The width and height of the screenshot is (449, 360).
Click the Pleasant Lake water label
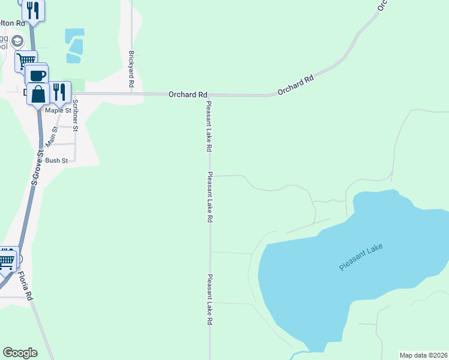point(360,257)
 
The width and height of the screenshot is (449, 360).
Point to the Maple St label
point(58,110)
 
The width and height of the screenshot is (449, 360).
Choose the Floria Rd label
point(25,286)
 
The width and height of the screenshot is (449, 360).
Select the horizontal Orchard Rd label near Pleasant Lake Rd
point(188,94)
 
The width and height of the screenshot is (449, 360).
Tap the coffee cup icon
point(37,76)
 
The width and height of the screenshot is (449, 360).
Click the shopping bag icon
point(38,94)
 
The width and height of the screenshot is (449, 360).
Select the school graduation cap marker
point(18,41)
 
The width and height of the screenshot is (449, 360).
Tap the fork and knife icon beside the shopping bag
point(59,91)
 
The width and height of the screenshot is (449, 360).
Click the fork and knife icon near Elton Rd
point(33,10)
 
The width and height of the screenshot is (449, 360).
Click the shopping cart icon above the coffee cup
point(26,61)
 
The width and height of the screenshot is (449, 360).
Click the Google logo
point(20,353)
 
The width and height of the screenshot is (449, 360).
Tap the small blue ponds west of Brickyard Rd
point(74,45)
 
